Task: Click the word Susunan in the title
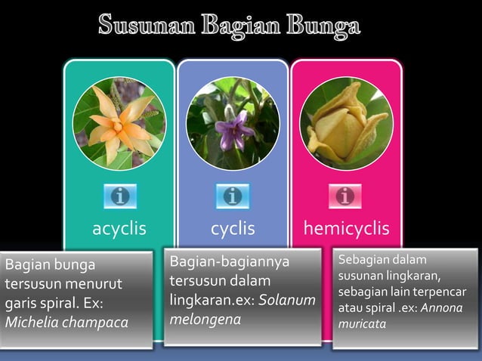[143, 26]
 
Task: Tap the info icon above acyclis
[119, 196]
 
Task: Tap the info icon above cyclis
[232, 196]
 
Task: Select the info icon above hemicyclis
[345, 196]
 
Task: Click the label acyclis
[119, 228]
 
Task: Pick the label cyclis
[233, 228]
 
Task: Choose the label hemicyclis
[346, 228]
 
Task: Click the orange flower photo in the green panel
[119, 124]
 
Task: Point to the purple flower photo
[232, 124]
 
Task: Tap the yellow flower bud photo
[346, 124]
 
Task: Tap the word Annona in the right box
[441, 308]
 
